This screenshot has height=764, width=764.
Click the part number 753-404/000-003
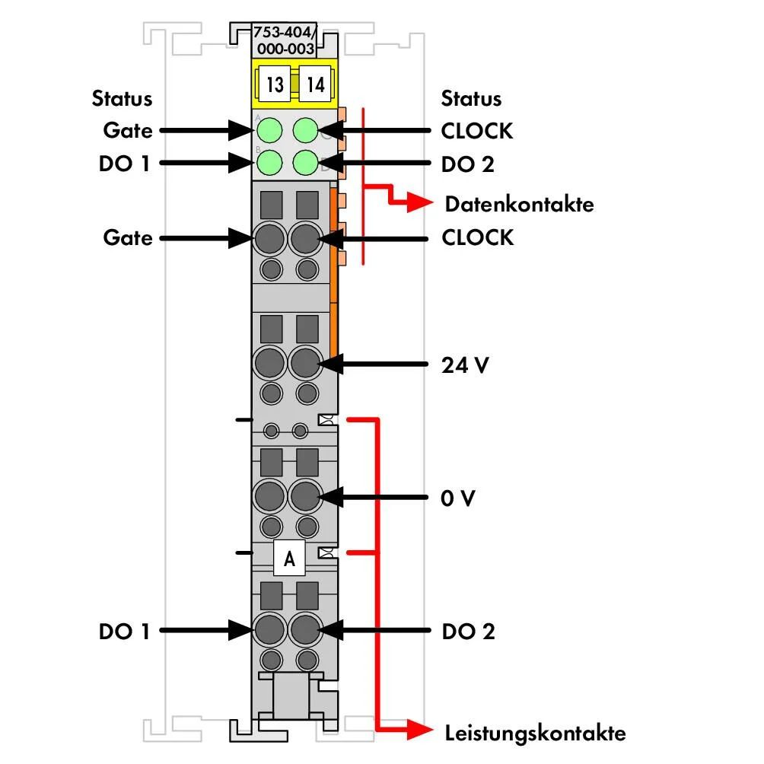coord(285,40)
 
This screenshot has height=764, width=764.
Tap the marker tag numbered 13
coord(274,84)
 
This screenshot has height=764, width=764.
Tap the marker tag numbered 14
coord(315,84)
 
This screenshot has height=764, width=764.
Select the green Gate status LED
coord(269,130)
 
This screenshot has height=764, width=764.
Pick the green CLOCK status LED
coord(305,130)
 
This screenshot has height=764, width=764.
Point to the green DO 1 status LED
coord(269,162)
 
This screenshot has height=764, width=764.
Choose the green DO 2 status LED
coord(305,162)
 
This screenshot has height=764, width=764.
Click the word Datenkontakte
coord(520,204)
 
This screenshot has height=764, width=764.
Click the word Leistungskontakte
coord(536,734)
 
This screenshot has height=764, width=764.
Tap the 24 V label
coord(465,365)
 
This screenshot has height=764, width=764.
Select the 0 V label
coord(457,498)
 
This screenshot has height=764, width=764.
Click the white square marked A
coord(289,558)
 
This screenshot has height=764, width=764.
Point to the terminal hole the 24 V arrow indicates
coord(305,363)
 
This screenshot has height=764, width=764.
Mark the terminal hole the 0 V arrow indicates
coord(305,496)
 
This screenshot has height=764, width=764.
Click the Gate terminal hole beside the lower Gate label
coord(269,238)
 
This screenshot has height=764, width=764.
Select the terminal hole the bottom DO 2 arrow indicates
coord(305,629)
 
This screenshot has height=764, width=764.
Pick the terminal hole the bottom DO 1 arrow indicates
coord(269,629)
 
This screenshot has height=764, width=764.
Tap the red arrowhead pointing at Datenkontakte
coord(420,202)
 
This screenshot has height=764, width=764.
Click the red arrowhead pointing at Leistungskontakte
coord(420,730)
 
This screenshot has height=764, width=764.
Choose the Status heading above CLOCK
coord(471,98)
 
